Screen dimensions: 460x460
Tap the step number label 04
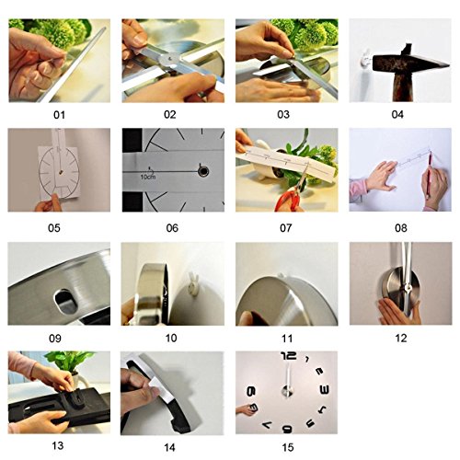[x=397, y=115]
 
